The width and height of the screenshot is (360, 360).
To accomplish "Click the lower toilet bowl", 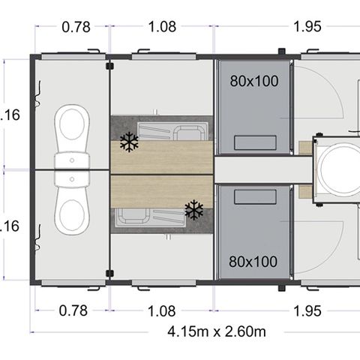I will tap(72, 212).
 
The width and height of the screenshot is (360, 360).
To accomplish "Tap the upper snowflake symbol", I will tap(129, 143).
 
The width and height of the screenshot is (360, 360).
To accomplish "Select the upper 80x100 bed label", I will tap(253, 80).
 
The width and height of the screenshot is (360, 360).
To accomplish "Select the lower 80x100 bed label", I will tap(253, 262).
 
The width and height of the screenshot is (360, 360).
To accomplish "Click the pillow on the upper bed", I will tap(253, 142).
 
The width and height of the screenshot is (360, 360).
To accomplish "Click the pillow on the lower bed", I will tap(253, 196).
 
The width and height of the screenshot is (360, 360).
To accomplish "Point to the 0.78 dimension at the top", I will tap(75, 27).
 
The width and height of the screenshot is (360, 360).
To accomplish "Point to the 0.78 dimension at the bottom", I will tap(75, 310).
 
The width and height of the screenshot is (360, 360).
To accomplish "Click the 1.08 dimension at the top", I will tap(162, 27).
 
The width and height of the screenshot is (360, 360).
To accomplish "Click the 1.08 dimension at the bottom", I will tap(162, 310).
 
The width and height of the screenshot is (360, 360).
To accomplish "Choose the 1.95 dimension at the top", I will tap(307, 27).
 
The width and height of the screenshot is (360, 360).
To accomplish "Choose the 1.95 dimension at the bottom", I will tap(307, 310).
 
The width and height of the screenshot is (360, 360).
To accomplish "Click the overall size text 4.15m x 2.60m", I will tap(216, 331).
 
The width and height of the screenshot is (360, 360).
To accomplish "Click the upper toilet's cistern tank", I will tap(72, 160).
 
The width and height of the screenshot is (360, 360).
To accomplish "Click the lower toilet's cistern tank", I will tap(72, 181).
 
